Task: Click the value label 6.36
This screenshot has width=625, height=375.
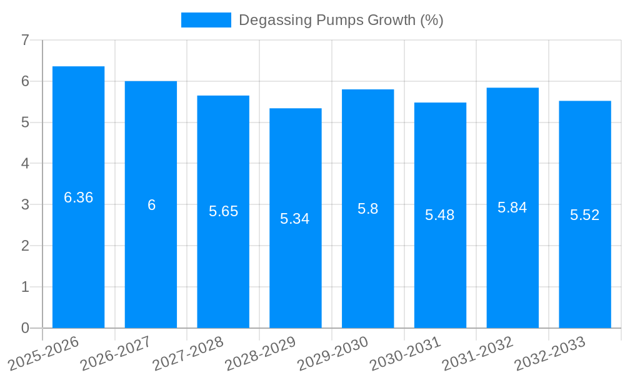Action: [x=78, y=197]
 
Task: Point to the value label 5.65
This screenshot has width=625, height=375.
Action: [x=223, y=211]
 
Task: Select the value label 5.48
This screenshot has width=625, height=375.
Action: [x=439, y=215]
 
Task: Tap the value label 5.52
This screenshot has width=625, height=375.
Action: [x=584, y=215]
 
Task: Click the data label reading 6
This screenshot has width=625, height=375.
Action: [x=151, y=205]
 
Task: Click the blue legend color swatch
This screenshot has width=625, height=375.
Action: [x=206, y=20]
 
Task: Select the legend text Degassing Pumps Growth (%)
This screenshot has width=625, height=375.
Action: [x=341, y=20]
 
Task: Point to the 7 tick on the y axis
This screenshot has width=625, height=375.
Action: [x=25, y=40]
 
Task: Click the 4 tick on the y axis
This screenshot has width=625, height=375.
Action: [x=25, y=164]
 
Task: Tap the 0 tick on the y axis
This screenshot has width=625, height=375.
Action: [x=25, y=328]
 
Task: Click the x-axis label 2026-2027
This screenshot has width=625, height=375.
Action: [x=116, y=353]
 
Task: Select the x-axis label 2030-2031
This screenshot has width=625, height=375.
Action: [x=406, y=353]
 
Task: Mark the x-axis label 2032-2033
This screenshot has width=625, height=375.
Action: [x=550, y=353]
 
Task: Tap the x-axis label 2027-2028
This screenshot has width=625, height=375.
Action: [x=189, y=353]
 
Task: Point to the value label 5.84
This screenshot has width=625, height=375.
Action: [x=512, y=207]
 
